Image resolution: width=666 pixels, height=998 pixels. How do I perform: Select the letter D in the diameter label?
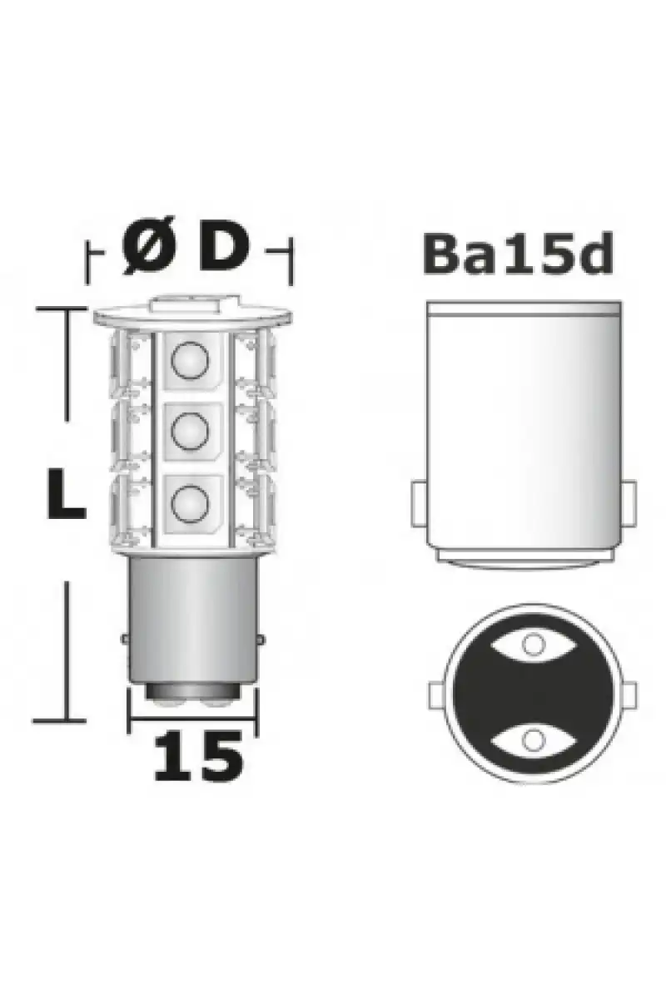click(x=223, y=245)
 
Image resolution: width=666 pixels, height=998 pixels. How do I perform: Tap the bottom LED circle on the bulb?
click(x=190, y=503)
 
